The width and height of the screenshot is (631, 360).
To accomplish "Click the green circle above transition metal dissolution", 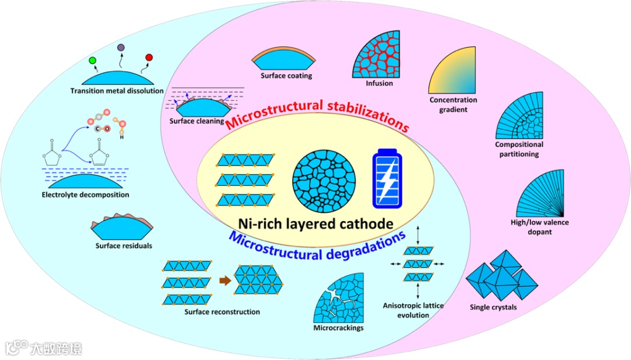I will click(x=92, y=60).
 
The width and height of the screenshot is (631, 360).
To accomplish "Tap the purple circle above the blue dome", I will click(x=121, y=47).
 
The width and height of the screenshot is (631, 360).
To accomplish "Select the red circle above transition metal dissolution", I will click(x=149, y=57).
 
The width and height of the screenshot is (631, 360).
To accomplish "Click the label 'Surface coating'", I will click(x=286, y=76).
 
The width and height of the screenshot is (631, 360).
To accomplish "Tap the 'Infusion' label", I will click(x=380, y=84).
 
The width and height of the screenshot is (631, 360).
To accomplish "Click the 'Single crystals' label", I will click(x=493, y=307).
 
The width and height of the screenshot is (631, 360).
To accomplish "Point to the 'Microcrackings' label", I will click(x=338, y=328).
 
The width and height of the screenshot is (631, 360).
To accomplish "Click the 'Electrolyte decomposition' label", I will click(x=85, y=195).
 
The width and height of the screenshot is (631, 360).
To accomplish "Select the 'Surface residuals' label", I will click(x=123, y=246).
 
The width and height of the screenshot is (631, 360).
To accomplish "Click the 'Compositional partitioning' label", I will click(x=519, y=149).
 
